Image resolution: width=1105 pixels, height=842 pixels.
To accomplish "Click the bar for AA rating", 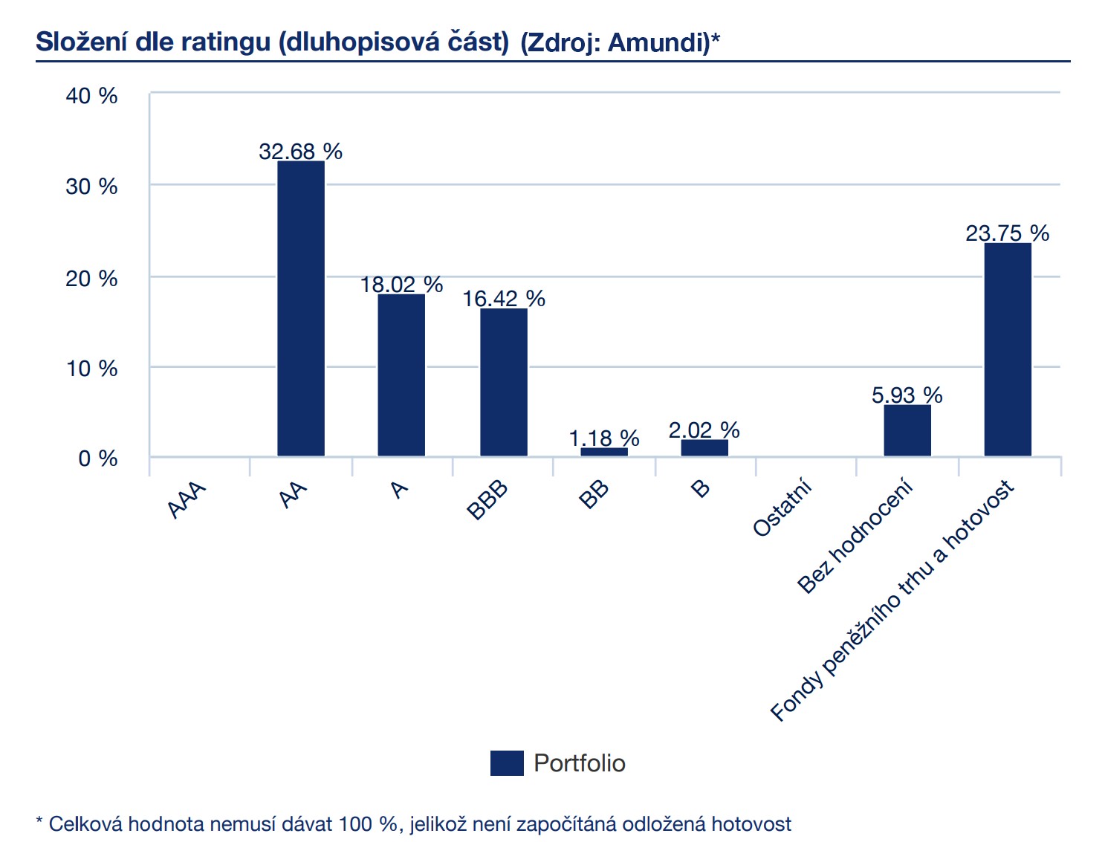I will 301,308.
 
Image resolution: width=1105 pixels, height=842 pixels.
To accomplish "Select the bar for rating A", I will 401,375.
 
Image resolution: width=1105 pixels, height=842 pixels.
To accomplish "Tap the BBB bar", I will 504,382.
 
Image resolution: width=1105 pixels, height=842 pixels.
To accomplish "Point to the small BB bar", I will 604,451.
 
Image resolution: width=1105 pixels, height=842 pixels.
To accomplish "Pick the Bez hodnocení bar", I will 907,430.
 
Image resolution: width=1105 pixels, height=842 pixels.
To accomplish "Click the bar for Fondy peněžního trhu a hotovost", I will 1008,349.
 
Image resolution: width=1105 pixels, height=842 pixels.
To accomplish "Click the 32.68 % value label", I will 300,152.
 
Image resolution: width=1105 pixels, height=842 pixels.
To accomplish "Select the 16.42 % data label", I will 504,299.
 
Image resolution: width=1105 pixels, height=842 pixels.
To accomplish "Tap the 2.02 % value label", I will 704,430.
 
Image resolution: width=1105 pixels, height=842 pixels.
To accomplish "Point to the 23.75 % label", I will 1007,233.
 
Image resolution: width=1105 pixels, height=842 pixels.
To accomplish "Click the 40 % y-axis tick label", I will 91,96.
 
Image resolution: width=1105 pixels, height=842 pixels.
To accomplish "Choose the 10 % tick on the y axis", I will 91,369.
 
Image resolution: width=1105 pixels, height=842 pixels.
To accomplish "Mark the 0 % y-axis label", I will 97,459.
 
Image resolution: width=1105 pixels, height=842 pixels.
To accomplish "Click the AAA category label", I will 187,500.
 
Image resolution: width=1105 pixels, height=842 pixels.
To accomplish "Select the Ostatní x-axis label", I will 782,509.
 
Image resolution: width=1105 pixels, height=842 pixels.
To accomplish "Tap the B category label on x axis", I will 700,489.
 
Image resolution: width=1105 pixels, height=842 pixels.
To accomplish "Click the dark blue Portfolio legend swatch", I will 507,763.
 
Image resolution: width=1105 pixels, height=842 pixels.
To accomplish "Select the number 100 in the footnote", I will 355,824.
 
